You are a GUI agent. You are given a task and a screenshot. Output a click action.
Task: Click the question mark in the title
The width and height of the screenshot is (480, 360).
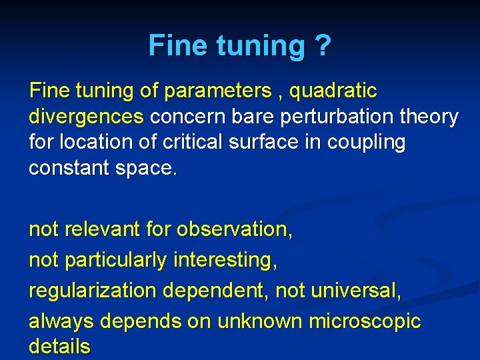[x=321, y=45]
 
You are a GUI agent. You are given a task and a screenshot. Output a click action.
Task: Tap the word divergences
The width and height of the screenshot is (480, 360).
[x=87, y=117]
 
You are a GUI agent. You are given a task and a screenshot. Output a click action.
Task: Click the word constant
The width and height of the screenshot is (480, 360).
[x=70, y=168]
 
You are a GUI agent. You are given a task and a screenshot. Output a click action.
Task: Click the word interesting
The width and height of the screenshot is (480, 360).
[x=225, y=260]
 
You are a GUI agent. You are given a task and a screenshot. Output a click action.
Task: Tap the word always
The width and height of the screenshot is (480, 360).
[x=62, y=321]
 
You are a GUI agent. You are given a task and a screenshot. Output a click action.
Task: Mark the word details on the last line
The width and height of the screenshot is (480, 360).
[x=59, y=346]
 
